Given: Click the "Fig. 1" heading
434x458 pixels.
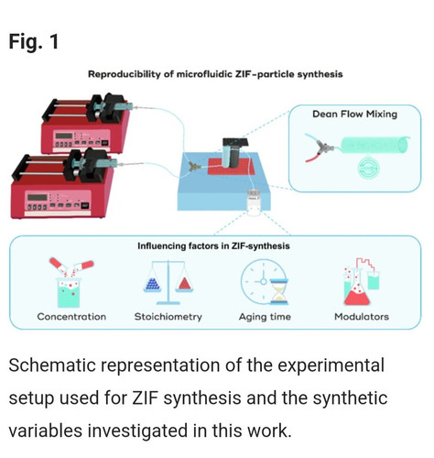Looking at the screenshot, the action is [34, 41].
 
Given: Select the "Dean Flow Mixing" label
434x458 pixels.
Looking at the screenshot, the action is [354, 114].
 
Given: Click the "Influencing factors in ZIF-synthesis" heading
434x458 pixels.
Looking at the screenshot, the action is [213, 245].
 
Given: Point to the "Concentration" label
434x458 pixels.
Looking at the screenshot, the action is [71, 317].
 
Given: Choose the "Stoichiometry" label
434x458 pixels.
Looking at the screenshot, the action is [168, 317].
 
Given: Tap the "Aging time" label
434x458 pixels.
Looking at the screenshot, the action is [265, 317].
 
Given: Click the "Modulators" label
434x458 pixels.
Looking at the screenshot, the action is [362, 317].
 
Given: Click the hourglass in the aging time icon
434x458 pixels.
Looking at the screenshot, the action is [278, 291].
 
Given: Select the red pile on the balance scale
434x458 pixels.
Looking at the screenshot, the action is [184, 284].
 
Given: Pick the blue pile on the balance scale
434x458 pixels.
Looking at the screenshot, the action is [153, 284].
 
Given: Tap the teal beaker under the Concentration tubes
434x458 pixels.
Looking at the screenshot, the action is [69, 292].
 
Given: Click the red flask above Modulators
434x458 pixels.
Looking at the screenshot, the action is [357, 293].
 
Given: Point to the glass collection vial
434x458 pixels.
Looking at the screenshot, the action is [254, 202].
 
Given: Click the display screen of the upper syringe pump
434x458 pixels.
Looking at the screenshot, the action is [64, 136].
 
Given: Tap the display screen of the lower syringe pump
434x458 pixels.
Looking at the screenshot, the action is [38, 197].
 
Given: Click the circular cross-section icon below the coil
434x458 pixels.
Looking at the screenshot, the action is [369, 167].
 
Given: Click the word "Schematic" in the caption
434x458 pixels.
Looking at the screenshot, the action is [52, 365].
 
